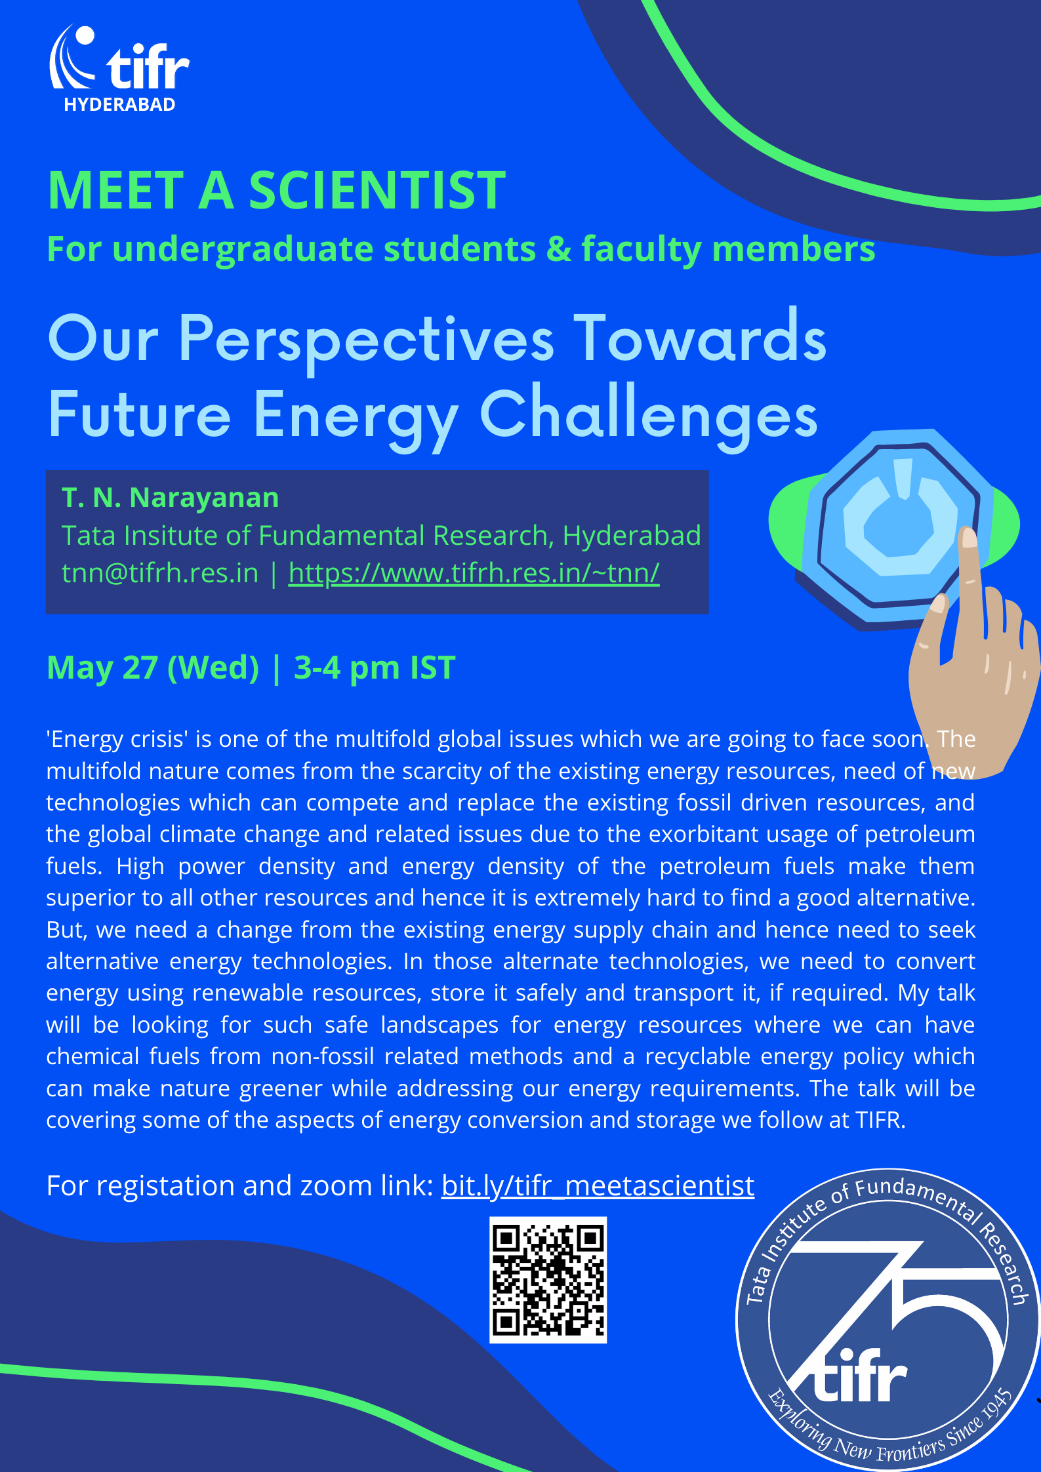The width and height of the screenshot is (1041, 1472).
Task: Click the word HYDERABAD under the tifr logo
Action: pos(119,105)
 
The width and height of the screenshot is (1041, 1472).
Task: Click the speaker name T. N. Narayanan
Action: pos(171,498)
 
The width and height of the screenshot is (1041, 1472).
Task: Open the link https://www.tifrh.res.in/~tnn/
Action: pos(474,572)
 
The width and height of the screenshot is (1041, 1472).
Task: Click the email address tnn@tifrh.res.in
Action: pos(160,572)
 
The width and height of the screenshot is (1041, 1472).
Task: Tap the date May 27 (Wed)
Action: pos(153,668)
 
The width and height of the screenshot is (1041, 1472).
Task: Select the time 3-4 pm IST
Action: pos(375,668)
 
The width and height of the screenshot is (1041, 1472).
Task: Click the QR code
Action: pos(548,1279)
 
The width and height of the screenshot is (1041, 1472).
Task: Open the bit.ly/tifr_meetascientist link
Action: pos(598,1185)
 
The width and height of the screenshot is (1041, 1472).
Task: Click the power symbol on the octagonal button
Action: pos(899,515)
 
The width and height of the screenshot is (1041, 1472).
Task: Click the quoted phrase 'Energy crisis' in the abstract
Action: pos(117,739)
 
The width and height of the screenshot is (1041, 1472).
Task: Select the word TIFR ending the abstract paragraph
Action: pos(880,1120)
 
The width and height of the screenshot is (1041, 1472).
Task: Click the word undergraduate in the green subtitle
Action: pos(245,250)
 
